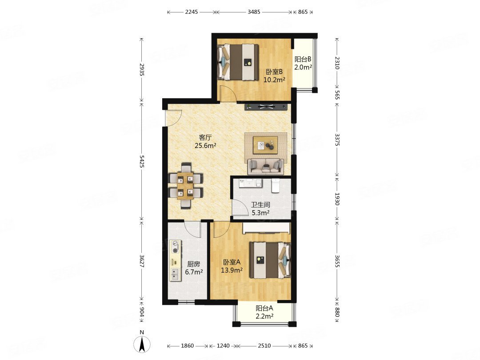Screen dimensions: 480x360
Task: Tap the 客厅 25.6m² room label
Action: point(205,141)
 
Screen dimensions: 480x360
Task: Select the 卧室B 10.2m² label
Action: point(274,76)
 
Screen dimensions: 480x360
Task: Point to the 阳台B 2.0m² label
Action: point(303,63)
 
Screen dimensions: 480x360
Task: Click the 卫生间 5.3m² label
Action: point(260,208)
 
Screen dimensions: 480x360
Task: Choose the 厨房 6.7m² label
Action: point(194,268)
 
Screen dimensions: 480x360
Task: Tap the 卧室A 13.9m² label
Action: point(232,266)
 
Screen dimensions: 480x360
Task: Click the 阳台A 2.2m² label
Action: point(264,312)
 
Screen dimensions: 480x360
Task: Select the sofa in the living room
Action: point(265,166)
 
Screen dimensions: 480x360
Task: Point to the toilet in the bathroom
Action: point(276,185)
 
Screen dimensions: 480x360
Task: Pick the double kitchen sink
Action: point(175,274)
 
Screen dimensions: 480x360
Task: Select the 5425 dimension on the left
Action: point(141,161)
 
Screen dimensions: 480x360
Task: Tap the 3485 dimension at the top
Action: point(254,12)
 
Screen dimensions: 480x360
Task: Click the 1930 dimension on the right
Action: point(337,199)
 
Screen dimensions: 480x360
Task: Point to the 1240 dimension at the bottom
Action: point(223,346)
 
